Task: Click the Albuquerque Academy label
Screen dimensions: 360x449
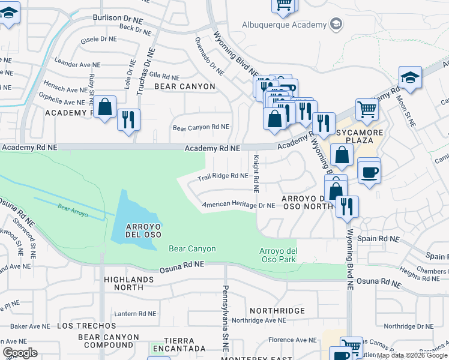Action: point(283,25)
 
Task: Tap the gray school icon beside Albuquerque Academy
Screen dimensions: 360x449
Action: point(336,25)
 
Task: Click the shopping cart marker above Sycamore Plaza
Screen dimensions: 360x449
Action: point(367,110)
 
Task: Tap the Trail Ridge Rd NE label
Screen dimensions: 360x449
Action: point(223,176)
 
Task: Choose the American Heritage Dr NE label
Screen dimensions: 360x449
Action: point(238,205)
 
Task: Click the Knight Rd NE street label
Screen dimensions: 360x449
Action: point(256,174)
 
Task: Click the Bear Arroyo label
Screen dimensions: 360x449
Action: point(73,211)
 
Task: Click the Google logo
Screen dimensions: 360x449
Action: point(20,353)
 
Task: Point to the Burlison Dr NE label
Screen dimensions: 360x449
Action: point(118,18)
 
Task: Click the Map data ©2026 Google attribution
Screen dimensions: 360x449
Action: point(411,355)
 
